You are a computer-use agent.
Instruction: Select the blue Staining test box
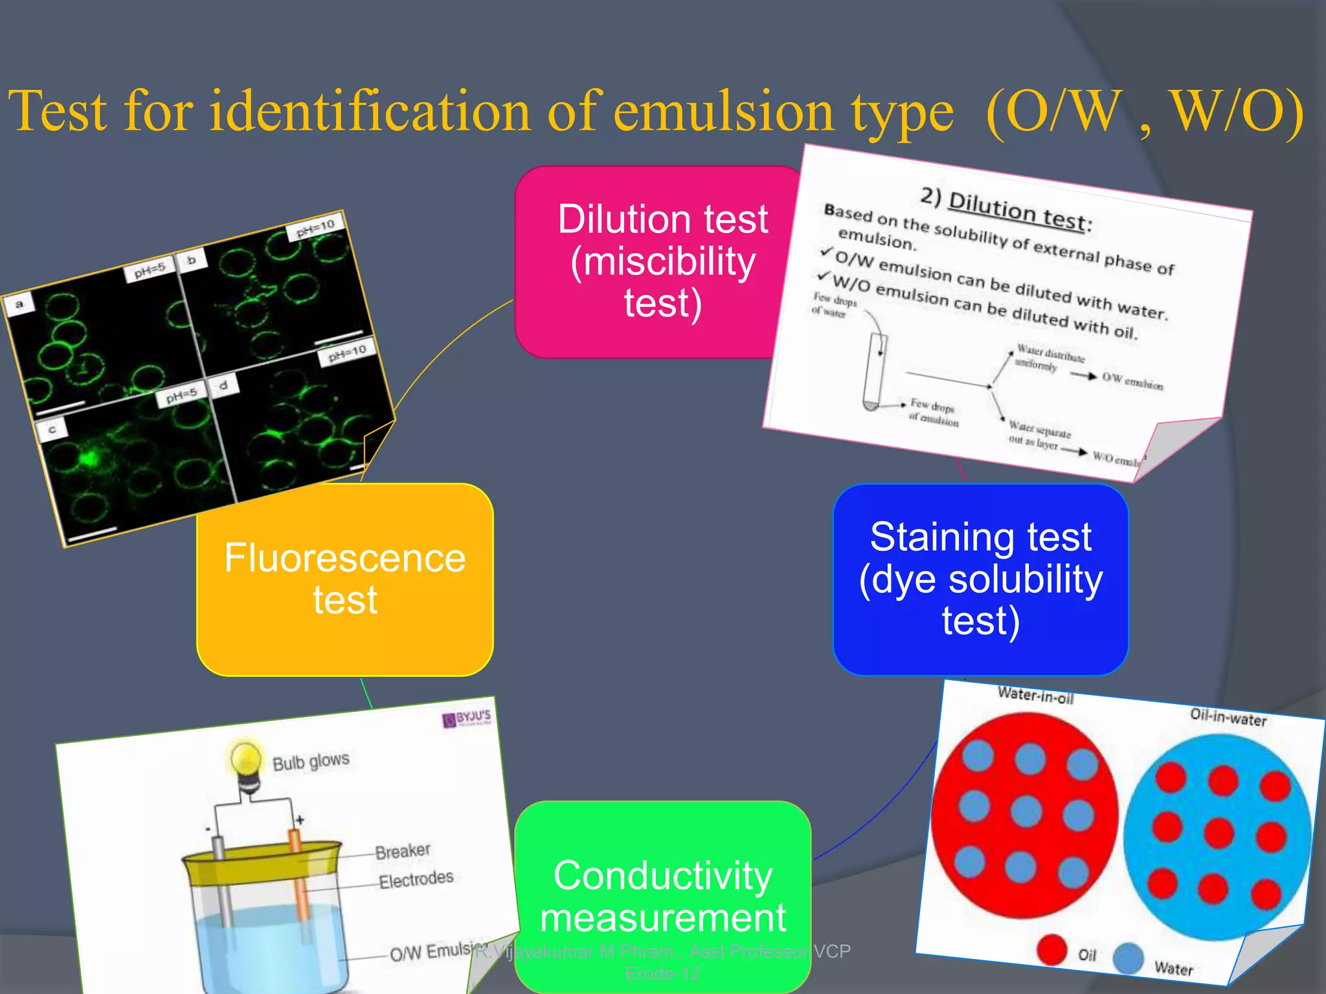[x=980, y=579]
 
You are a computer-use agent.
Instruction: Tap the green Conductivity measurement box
[x=662, y=896]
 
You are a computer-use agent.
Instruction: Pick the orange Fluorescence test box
[x=344, y=579]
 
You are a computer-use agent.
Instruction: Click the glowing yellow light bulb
[x=246, y=758]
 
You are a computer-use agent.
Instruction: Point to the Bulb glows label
[x=311, y=762]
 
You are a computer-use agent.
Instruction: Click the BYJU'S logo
[x=467, y=718]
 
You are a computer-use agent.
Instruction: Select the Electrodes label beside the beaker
[x=416, y=879]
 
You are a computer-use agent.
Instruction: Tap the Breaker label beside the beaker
[x=402, y=850]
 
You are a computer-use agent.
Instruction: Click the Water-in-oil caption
[x=1035, y=696]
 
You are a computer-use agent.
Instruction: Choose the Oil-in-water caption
[x=1228, y=717]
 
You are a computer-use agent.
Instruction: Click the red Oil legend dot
[x=1051, y=950]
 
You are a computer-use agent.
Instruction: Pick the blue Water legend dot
[x=1129, y=958]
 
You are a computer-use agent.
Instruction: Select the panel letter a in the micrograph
[x=19, y=304]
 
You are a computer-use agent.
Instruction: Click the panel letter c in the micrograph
[x=52, y=429]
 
